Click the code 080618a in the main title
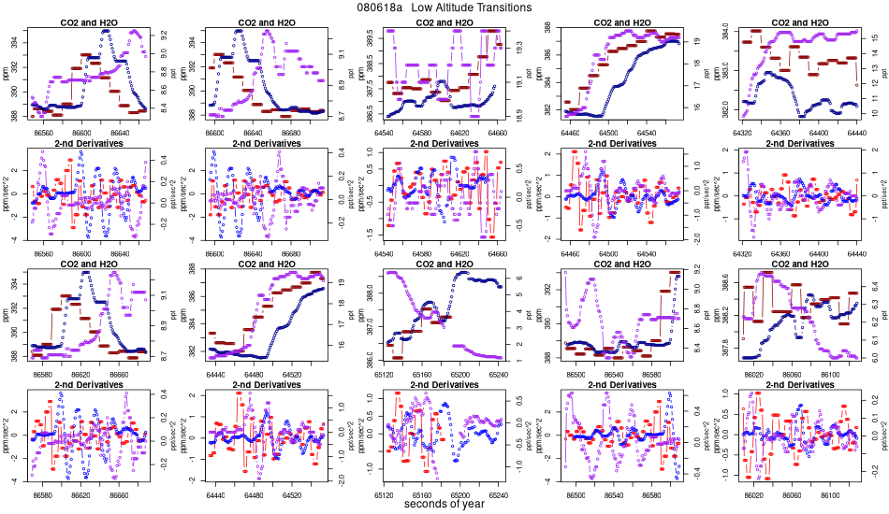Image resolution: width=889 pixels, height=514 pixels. click(380, 7)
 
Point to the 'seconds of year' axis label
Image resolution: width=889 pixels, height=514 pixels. click(444, 505)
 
